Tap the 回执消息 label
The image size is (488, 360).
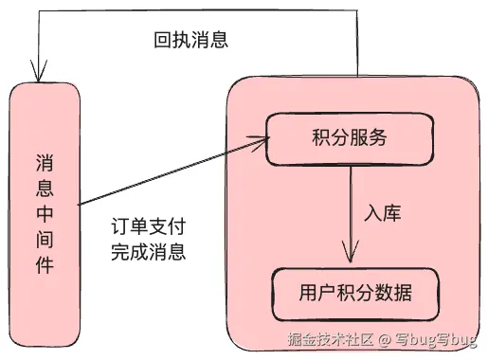click(191, 42)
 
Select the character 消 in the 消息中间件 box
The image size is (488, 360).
click(43, 162)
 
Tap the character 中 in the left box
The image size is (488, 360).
click(43, 213)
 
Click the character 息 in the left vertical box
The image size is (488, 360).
click(43, 188)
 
